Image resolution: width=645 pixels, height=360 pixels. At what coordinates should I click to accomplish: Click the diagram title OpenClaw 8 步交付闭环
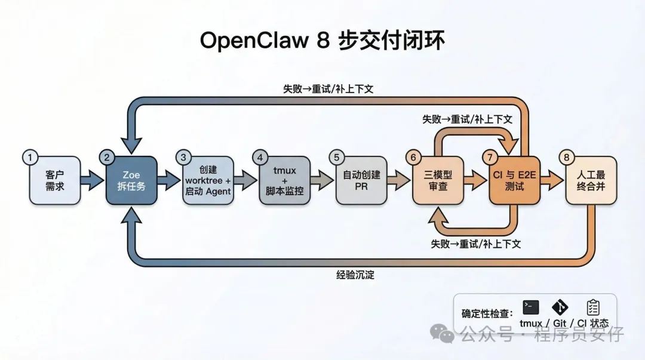point(322,41)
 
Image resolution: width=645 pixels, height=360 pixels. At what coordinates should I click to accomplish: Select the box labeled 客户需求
point(54,180)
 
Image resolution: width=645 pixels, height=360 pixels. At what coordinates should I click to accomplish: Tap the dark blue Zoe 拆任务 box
point(131,180)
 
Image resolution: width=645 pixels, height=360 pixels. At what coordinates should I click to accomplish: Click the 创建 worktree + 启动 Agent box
point(207,180)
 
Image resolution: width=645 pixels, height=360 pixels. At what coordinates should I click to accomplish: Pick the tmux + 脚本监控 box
point(284,180)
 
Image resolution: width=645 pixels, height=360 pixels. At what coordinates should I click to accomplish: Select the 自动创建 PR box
point(361,180)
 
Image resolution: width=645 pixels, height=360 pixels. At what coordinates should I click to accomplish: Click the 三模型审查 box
point(437,180)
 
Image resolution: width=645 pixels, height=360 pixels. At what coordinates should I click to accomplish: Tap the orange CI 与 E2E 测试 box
point(514,180)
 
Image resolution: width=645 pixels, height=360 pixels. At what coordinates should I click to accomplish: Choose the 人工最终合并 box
point(590,180)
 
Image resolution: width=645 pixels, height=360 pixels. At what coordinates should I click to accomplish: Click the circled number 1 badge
point(30,158)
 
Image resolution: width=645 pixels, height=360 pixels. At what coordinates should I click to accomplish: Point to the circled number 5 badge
point(336,158)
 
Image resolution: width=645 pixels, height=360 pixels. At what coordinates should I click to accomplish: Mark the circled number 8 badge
point(566,158)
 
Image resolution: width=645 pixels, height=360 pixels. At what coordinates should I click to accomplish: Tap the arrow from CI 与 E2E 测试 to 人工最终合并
point(552,180)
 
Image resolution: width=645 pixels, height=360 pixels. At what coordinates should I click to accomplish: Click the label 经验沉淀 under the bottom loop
point(355,276)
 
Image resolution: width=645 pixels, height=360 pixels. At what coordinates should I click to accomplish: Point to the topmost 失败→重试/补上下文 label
point(328,88)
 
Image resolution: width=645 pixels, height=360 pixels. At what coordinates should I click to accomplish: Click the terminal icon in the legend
point(530,307)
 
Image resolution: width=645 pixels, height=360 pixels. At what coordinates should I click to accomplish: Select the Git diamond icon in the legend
point(560,307)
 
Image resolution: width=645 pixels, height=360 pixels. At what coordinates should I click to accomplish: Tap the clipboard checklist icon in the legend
point(592,307)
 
